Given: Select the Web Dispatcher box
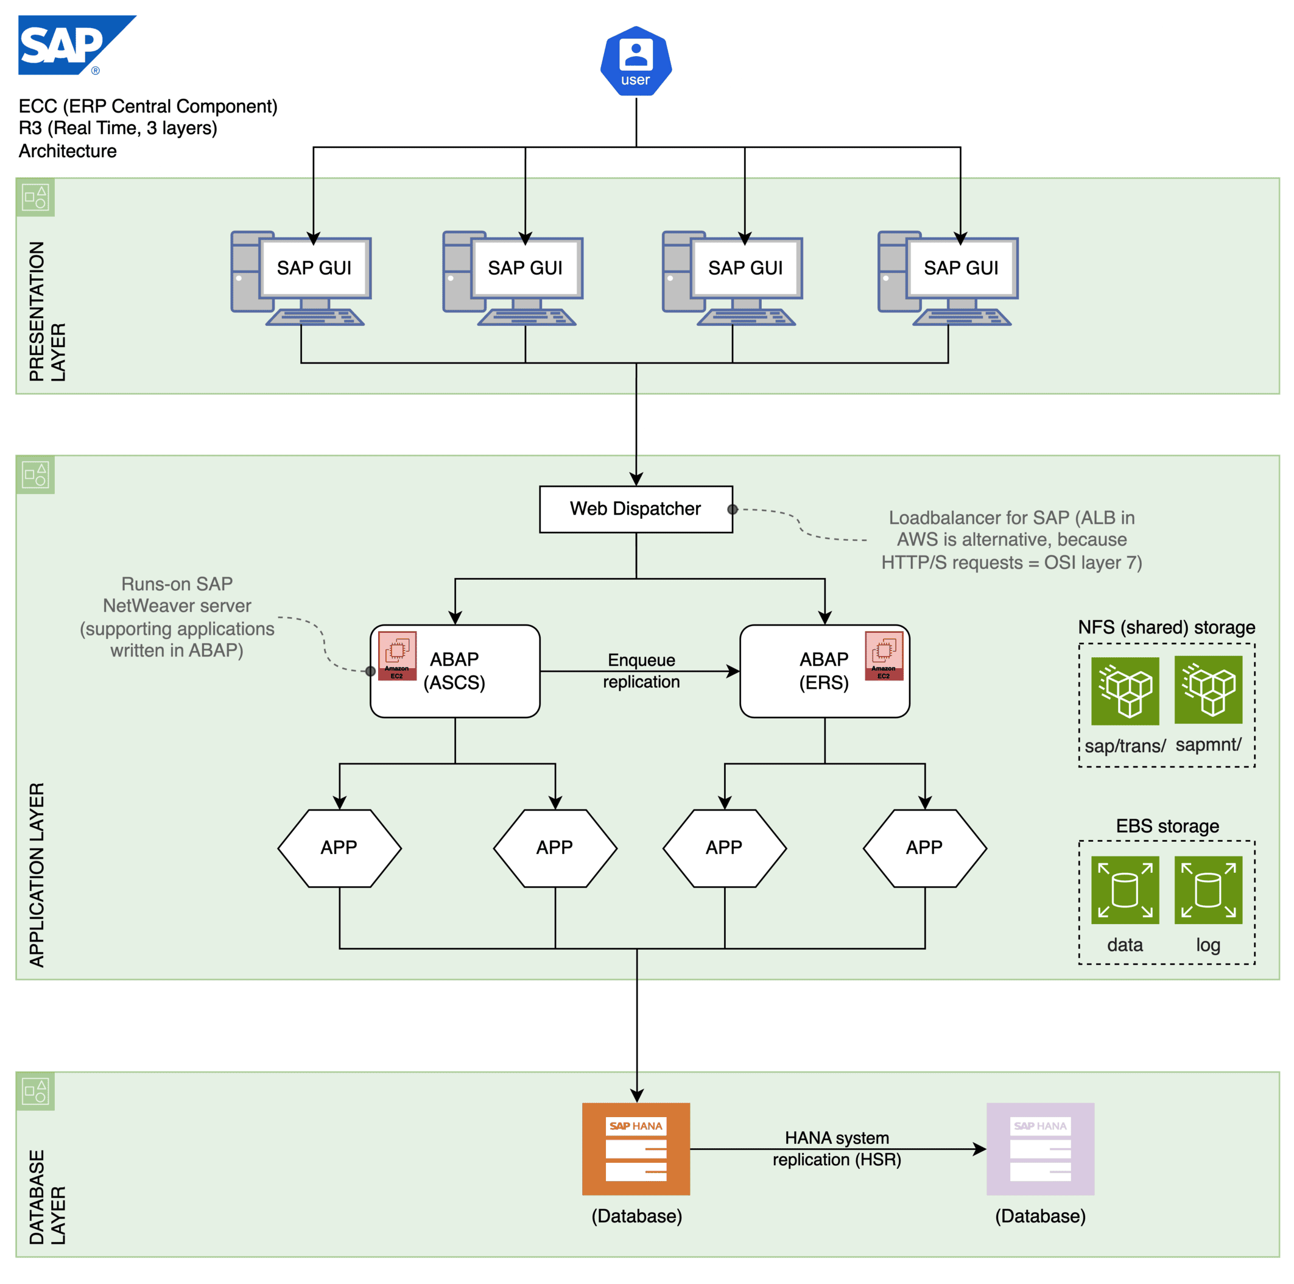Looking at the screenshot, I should [636, 509].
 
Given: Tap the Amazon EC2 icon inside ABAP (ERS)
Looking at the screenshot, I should [884, 655].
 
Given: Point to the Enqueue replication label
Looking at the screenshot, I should [641, 671].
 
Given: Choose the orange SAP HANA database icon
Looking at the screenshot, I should [636, 1149].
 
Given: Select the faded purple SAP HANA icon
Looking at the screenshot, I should [1039, 1149].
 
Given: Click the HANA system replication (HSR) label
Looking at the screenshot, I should [837, 1148].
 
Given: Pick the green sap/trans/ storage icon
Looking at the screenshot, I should [1125, 691].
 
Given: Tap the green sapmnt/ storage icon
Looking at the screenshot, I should [1208, 690].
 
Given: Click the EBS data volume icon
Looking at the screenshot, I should [1125, 889].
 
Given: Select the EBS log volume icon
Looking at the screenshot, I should [1208, 889].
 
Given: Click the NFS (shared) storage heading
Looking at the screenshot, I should [1166, 627].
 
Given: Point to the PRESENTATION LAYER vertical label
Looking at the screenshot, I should [47, 311].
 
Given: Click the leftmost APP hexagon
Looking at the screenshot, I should [340, 848].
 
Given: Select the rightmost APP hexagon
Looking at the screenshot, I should [924, 848].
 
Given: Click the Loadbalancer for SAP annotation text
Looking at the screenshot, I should [1011, 540].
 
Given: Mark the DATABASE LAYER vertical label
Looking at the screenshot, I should [47, 1197].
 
